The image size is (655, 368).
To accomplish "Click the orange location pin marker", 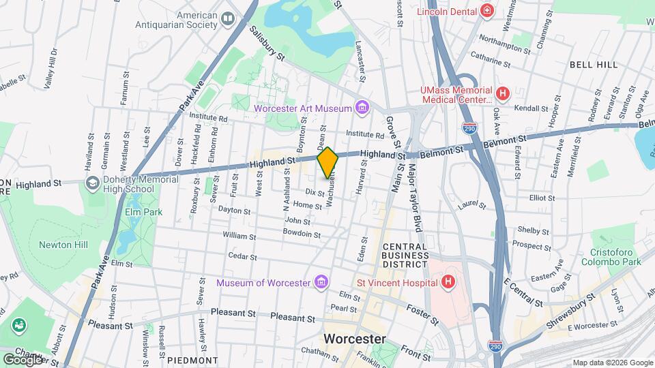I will [x=327, y=162].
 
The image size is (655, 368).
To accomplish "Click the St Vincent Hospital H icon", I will [x=448, y=281].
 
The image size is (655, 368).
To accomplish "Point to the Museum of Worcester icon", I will [x=321, y=282].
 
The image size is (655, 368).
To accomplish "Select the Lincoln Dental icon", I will [x=486, y=11].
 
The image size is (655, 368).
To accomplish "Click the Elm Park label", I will [x=143, y=212].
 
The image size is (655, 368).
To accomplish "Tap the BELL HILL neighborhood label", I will [x=594, y=65].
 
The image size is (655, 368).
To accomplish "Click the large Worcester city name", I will [x=354, y=339].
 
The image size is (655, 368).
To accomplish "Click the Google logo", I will [x=23, y=358].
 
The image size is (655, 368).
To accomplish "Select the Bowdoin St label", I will [x=302, y=234].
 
